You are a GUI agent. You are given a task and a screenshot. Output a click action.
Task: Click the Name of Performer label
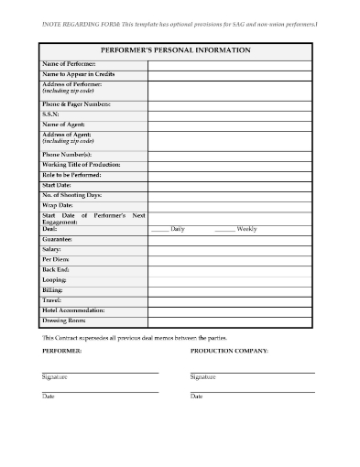[x=68, y=64]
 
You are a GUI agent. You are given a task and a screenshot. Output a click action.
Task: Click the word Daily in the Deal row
[x=178, y=228]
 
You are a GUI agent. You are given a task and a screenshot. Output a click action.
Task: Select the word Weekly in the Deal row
[x=246, y=228]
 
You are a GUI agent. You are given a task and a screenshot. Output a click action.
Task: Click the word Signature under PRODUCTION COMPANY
[x=203, y=376]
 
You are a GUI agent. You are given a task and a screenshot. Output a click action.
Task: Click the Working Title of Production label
[x=82, y=164]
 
